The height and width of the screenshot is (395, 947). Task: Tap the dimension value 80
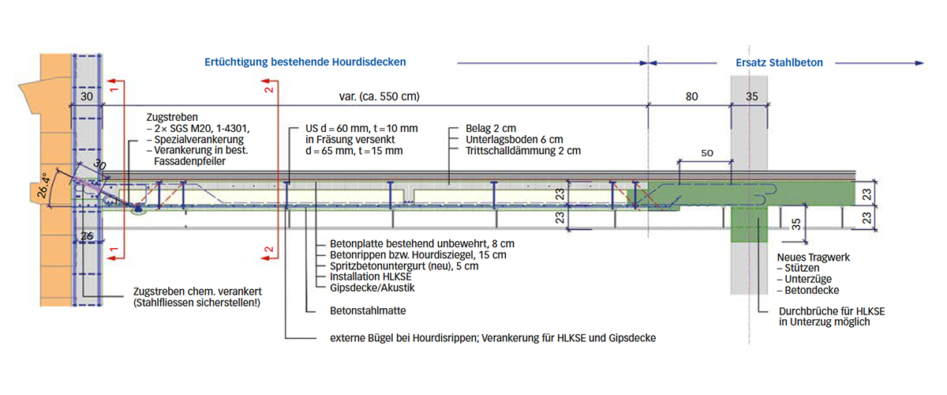coord(691,97)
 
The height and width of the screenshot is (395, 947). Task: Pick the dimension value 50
coord(707,152)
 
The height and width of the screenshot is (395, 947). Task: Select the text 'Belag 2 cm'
coord(484,127)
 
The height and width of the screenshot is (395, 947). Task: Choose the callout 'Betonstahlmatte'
coord(361,310)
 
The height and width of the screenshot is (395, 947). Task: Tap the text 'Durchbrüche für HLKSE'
coord(831,311)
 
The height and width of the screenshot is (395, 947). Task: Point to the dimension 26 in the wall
coord(87,235)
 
